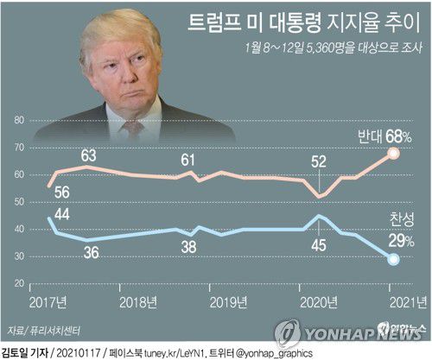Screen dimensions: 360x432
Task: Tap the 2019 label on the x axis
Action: tap(230, 301)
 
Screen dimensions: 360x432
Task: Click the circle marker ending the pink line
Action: tap(392, 154)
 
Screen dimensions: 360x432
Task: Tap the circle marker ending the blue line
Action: tap(392, 259)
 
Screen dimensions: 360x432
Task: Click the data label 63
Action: tap(89, 155)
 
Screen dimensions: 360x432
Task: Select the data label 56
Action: tap(61, 193)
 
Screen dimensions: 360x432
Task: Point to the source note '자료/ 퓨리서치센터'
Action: tap(37, 328)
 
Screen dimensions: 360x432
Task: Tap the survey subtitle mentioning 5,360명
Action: tap(333, 50)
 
